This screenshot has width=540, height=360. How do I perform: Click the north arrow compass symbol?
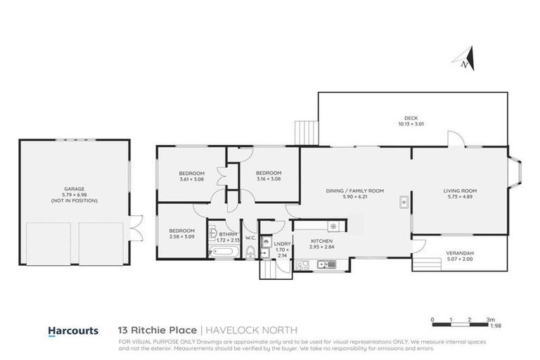tap(466, 58)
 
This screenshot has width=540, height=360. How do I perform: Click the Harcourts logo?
tap(71, 330)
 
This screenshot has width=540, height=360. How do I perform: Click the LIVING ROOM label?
tap(460, 193)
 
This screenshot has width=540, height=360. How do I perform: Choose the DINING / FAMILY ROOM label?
tap(354, 193)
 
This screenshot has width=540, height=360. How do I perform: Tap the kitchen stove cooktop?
tap(302, 265)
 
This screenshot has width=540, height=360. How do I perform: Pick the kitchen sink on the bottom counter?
tap(326, 265)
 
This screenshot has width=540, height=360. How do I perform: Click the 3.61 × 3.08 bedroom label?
tap(191, 176)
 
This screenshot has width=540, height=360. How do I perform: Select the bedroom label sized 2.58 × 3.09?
tap(181, 233)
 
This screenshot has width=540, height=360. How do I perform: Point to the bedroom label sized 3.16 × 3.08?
tap(269, 176)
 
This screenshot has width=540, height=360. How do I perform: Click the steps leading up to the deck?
tap(306, 131)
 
